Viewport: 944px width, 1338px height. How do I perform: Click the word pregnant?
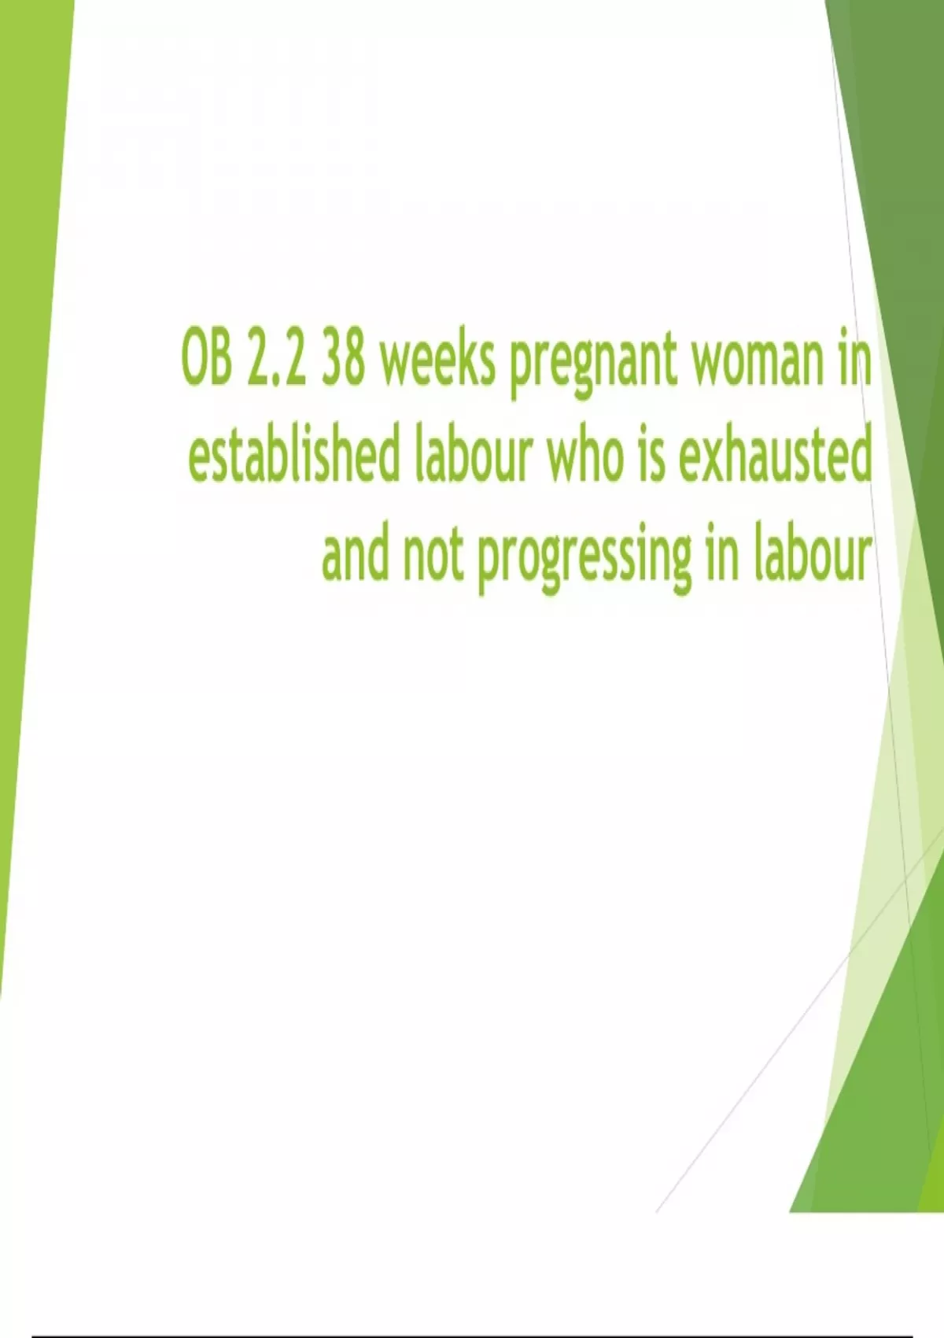pos(593,367)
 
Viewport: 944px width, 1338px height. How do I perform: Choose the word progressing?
pos(584,560)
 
